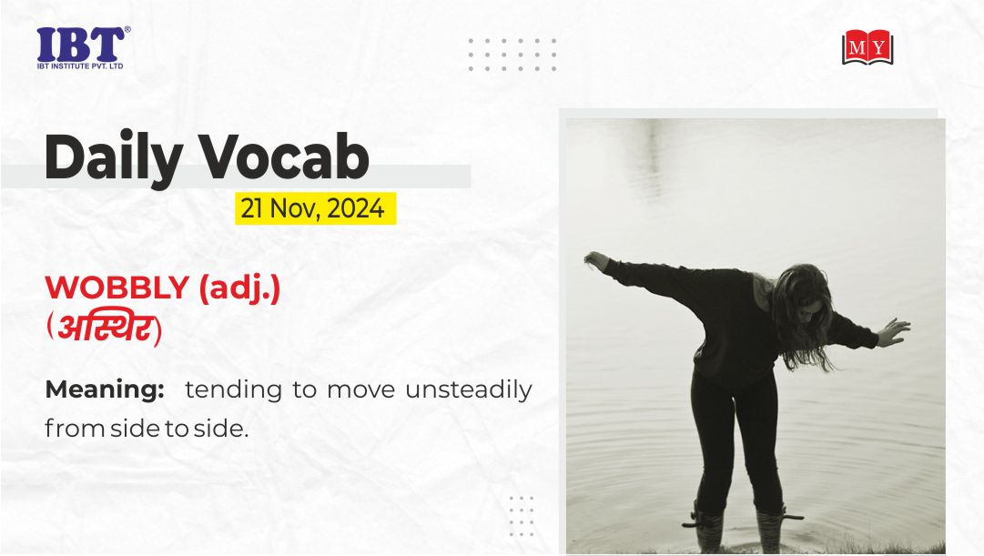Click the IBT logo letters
coord(80,45)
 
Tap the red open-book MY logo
coord(867,47)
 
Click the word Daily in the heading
coord(114,157)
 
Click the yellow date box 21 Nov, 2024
coord(316,208)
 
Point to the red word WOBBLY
coord(117,288)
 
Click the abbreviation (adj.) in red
coord(239,288)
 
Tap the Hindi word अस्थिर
coord(104,329)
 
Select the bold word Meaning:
coord(105,389)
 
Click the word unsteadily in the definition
coord(469,389)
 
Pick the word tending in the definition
coord(233,389)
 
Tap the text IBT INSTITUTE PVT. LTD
coord(80,66)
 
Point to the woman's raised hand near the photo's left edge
coord(596,260)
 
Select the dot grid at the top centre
coord(512,54)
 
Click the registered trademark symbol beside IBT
coord(127,29)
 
